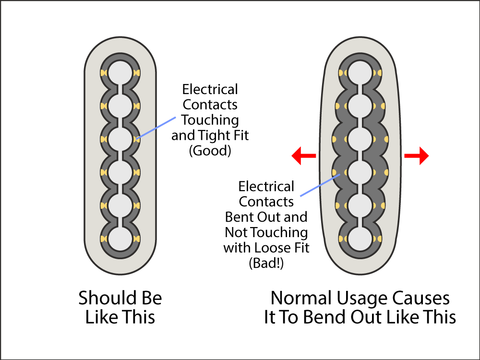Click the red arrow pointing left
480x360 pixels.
(x=304, y=156)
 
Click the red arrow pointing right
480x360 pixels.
(x=416, y=156)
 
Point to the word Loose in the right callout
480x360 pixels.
(x=270, y=248)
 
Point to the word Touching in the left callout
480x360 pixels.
(x=210, y=120)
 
